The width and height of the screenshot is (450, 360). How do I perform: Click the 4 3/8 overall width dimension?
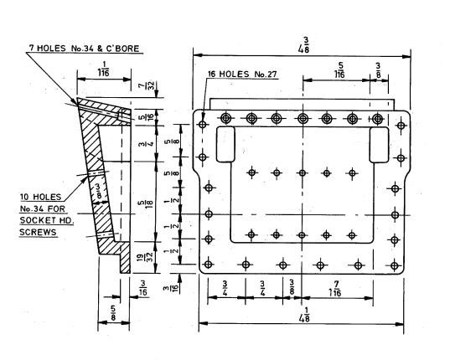tap(304, 45)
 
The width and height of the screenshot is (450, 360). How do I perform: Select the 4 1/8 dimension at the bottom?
tap(304, 315)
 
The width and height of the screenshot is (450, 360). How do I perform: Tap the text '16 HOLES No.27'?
tap(242, 74)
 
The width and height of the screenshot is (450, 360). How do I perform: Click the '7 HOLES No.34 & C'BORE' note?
tap(85, 49)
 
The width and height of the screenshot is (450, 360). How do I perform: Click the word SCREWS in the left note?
tap(38, 232)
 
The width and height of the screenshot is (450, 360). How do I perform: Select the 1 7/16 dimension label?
tap(335, 289)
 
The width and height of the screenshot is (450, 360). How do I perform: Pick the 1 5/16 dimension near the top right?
tap(339, 70)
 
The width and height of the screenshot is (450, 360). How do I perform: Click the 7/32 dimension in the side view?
tap(150, 85)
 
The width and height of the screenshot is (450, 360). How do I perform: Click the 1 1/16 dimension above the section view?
tap(103, 69)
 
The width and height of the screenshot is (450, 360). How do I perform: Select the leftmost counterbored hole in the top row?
tap(226, 118)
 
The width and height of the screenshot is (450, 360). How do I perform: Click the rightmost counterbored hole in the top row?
tap(378, 118)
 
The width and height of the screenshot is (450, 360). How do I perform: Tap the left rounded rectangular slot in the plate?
tap(225, 145)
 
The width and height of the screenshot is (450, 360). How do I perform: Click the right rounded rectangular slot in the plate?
tap(379, 145)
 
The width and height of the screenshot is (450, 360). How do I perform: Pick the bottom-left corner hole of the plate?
tap(209, 265)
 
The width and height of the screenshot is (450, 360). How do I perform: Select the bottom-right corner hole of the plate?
tap(395, 265)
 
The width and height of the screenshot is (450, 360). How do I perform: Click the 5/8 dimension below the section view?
tap(113, 313)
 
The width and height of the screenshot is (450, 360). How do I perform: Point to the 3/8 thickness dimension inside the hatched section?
tap(98, 191)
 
